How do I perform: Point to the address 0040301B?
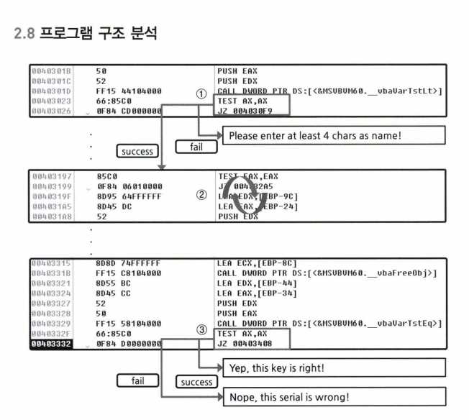[x=52, y=73]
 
